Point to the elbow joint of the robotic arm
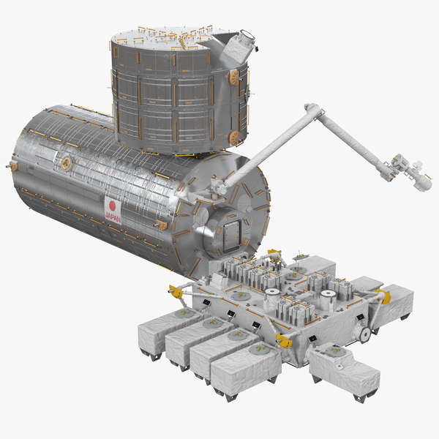(x=313, y=112)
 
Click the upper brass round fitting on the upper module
(x=234, y=77)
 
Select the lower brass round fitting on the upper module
(x=233, y=137)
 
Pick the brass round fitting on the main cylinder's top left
(x=67, y=162)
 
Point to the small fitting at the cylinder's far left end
(x=13, y=167)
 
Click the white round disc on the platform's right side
(x=361, y=334)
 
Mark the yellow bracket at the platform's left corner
(x=176, y=291)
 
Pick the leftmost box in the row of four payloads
(x=158, y=331)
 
